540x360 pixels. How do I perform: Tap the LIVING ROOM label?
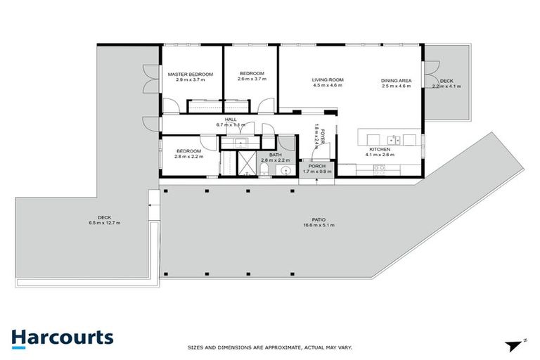[x=327, y=79]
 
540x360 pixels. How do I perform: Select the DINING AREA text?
[x=396, y=79]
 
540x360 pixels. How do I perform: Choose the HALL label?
[x=231, y=120]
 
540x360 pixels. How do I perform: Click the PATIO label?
[x=318, y=219]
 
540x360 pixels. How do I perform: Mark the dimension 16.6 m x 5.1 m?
[x=318, y=226]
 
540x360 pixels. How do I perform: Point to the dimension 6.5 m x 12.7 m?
[x=105, y=223]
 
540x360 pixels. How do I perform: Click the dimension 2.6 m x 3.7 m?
[x=251, y=79]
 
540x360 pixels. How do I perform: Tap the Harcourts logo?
[x=62, y=337]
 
